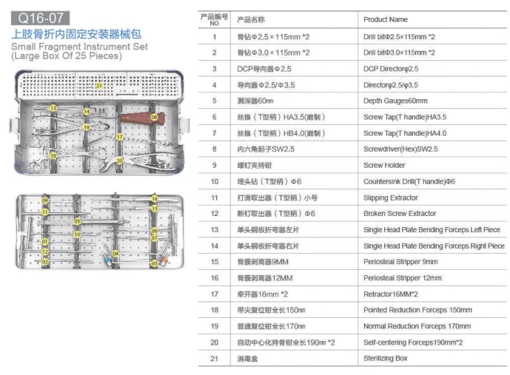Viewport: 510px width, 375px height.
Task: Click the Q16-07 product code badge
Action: click(39, 13)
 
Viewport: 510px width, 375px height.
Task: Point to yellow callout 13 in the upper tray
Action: click(53, 109)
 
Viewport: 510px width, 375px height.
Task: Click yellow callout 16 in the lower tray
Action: click(155, 199)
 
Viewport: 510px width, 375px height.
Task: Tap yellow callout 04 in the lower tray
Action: click(115, 254)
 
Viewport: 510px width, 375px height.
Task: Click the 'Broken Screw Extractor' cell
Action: click(400, 213)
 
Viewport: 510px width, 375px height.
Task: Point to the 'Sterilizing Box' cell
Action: click(385, 358)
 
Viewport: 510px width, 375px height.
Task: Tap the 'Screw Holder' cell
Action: click(384, 165)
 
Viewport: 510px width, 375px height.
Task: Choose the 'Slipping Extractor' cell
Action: click(390, 197)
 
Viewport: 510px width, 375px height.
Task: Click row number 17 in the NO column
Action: click(214, 294)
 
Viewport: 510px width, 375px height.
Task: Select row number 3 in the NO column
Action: click(214, 68)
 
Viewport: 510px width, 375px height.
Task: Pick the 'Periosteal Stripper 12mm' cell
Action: click(402, 278)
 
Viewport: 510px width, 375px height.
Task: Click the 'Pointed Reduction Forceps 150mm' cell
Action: click(417, 310)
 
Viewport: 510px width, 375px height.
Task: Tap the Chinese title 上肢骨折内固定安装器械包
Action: click(76, 34)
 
